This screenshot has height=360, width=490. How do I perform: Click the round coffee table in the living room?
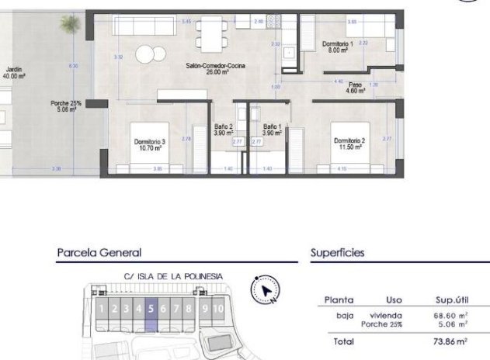(151, 54)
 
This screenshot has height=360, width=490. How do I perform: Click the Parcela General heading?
(99, 252)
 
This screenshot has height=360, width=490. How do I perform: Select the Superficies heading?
(337, 252)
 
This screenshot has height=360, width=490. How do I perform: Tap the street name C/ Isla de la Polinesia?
(173, 275)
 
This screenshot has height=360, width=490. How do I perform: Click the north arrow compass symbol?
(266, 290)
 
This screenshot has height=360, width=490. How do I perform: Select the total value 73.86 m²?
(450, 341)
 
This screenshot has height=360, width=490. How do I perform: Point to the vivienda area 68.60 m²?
(450, 316)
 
